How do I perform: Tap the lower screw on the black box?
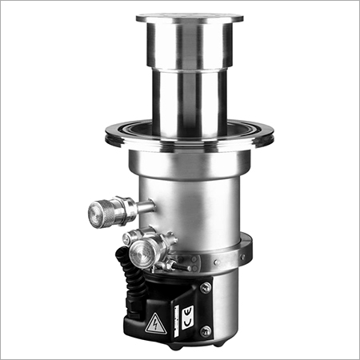point(206,330)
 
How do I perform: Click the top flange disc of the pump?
point(190,18)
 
